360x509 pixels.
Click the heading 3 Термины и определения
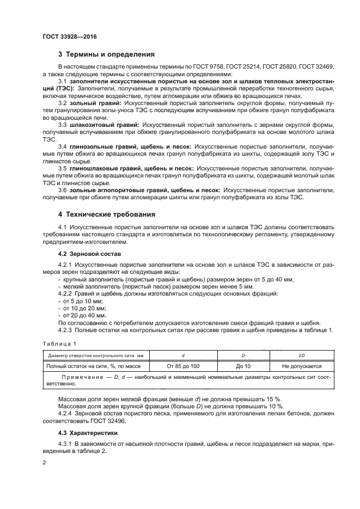coord(106,54)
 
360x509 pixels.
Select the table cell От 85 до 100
coord(183,366)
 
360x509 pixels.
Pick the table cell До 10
coord(243,366)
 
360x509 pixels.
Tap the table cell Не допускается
coord(302,366)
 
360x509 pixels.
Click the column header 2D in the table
coord(302,354)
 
